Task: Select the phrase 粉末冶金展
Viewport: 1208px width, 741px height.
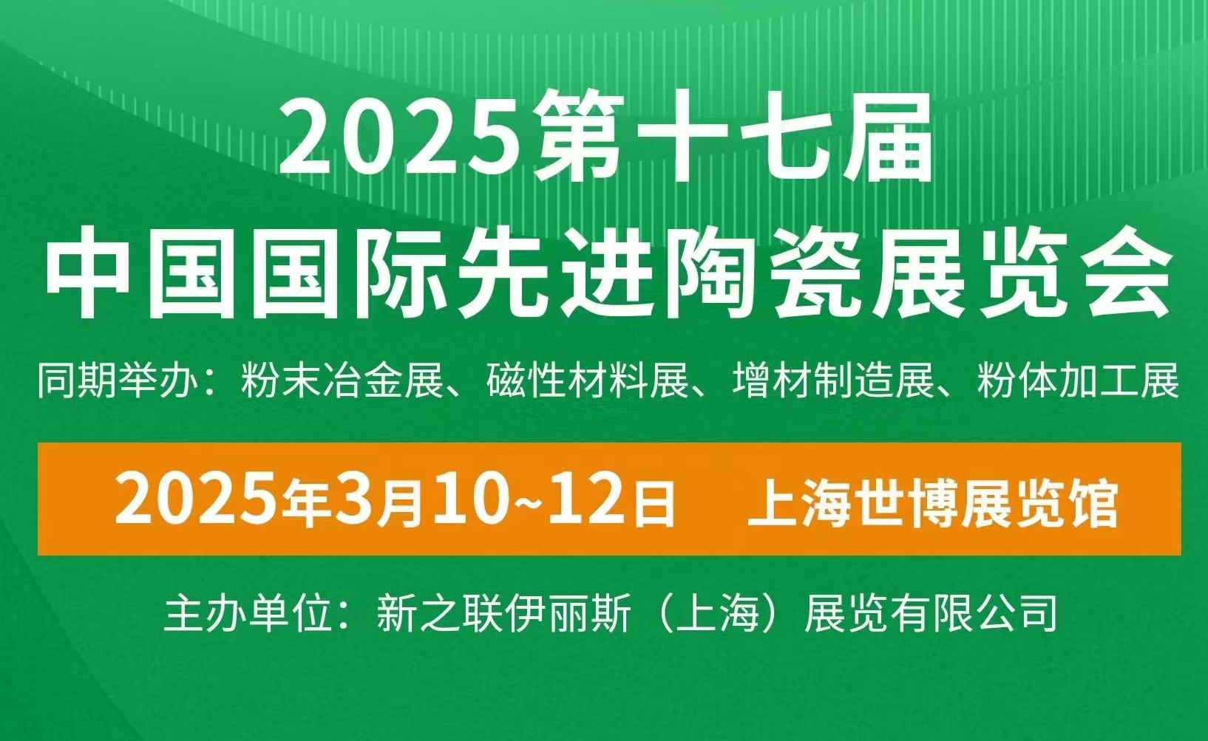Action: click(x=341, y=383)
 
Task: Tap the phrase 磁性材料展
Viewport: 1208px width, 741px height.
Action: click(x=588, y=383)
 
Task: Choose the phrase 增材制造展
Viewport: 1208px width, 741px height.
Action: click(x=835, y=383)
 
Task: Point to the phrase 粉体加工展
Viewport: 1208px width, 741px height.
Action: click(x=1078, y=383)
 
